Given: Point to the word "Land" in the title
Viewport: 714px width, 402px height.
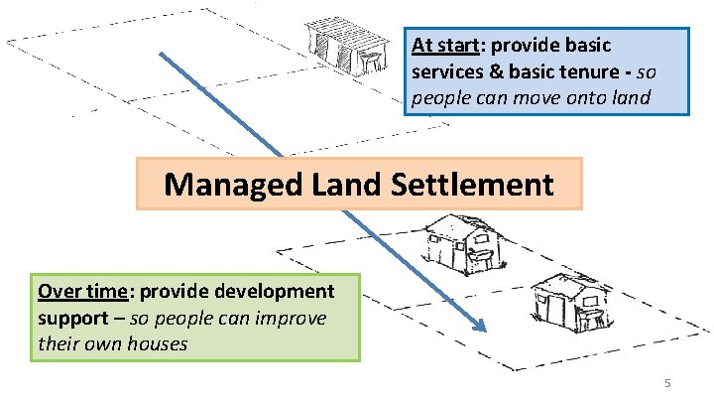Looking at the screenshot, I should click(343, 184).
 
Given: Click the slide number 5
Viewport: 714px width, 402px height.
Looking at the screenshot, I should click(667, 383).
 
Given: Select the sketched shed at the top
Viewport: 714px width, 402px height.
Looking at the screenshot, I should click(347, 45).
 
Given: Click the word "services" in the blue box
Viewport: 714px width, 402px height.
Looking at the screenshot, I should click(446, 72).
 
